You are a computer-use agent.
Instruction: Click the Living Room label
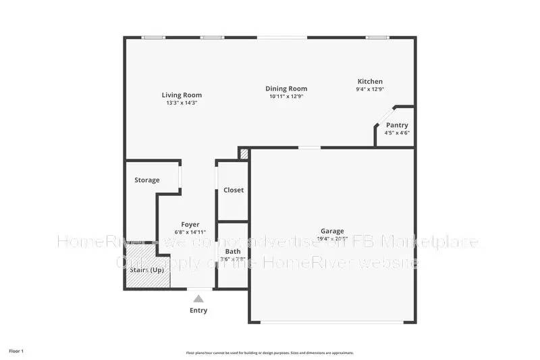pos(182,95)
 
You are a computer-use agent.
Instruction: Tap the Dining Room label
pos(286,88)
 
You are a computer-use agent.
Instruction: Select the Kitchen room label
pos(371,81)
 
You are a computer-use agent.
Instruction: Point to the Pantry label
pos(397,125)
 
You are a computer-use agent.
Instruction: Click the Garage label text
pos(332,230)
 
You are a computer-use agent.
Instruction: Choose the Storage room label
pos(146,180)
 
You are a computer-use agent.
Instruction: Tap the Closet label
pos(234,190)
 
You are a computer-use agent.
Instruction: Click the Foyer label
pos(190,224)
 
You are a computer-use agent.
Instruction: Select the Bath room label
pos(233,251)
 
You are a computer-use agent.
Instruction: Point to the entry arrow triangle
pos(198,297)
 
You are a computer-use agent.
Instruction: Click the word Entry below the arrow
pos(198,311)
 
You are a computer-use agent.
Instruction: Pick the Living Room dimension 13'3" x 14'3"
pos(182,103)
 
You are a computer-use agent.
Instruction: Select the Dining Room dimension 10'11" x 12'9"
pos(286,97)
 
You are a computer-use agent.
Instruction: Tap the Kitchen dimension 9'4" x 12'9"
pos(371,89)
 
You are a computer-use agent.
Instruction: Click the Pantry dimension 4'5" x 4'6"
pos(397,133)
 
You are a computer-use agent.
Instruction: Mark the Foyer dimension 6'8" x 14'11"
pos(190,232)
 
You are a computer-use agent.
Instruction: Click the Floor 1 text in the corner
pos(16,351)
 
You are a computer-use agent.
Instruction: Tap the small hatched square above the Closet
pos(244,154)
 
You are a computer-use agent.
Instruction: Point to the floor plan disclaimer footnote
pos(270,353)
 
